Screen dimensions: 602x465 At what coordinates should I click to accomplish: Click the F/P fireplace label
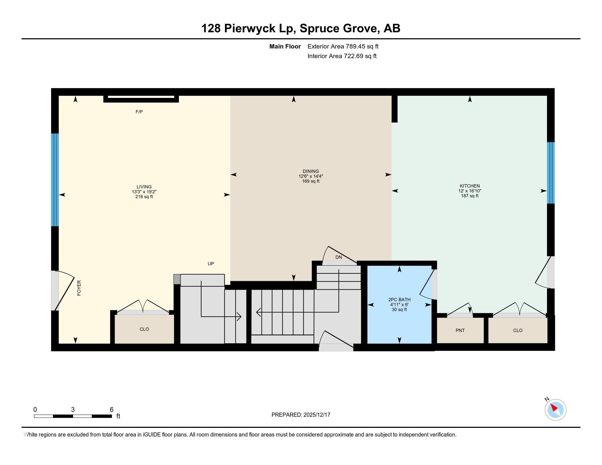pos(139,112)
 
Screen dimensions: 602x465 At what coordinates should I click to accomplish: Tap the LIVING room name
pos(144,187)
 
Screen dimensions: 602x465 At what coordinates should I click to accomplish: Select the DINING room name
pos(311,171)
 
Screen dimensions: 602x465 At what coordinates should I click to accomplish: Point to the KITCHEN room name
pos(470,186)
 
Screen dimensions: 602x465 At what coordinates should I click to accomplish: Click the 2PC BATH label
pos(400,300)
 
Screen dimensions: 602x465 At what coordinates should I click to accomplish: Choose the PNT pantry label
pos(460,330)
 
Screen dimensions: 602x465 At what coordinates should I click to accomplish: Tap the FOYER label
pos(79,288)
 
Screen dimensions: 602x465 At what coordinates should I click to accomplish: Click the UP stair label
pos(211,264)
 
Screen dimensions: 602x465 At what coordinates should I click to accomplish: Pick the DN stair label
pos(338,257)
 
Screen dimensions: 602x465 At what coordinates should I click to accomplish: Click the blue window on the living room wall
pos(55,180)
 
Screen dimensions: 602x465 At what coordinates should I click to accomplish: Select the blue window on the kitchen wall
pos(551,173)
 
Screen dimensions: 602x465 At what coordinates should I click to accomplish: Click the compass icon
pos(555,410)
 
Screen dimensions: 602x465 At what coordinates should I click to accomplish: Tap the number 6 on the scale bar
pos(112,410)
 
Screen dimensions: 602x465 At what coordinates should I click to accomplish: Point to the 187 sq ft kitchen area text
pos(470,196)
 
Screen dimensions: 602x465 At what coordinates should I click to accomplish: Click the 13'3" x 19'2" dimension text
pos(144,192)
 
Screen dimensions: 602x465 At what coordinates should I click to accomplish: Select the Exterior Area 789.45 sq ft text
pos(343,46)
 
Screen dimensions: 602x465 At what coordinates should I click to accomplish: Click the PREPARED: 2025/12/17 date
pos(301,415)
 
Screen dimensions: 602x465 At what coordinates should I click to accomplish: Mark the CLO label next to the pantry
pos(518,330)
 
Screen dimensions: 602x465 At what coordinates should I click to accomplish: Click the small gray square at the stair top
pos(177,279)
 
